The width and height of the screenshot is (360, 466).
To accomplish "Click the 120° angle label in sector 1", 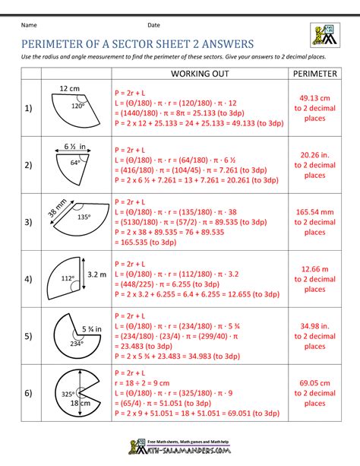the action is click(77, 106).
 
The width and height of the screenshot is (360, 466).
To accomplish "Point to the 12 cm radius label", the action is click(69, 89).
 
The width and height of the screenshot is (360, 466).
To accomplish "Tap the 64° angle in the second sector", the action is click(74, 162).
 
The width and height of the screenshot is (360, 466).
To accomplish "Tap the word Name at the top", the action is click(29, 26).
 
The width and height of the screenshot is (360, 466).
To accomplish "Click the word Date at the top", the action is click(154, 26).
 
